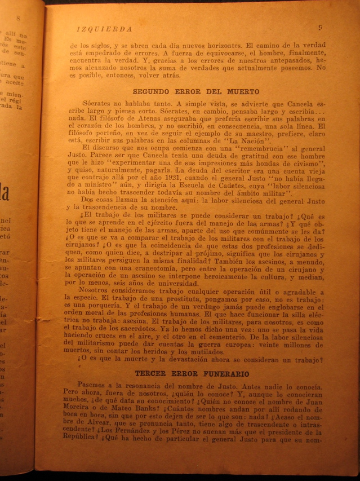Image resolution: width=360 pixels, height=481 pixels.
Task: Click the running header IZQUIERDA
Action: point(104,29)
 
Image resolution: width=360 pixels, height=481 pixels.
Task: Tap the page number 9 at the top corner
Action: point(319,27)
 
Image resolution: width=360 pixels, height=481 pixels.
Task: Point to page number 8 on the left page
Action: point(18,18)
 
